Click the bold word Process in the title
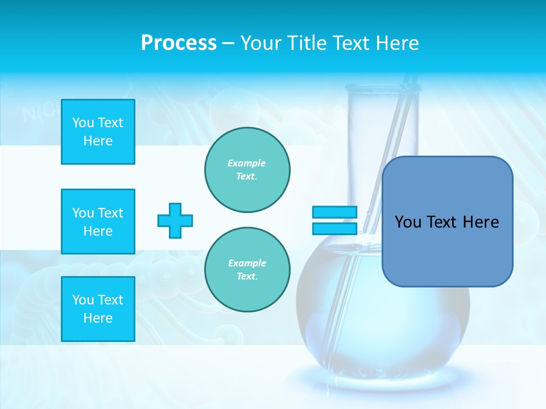[x=179, y=43]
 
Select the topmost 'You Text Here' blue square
[x=98, y=132]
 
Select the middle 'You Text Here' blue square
[x=98, y=222]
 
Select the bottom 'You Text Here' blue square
[x=98, y=309]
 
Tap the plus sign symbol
[x=175, y=220]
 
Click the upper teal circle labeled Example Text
[x=247, y=170]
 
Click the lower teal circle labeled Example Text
[x=247, y=270]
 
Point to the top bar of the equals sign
[x=334, y=212]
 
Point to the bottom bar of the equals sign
[x=334, y=228]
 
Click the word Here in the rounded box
[x=481, y=222]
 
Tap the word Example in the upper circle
[x=247, y=163]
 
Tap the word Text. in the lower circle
[x=247, y=277]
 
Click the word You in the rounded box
[x=408, y=222]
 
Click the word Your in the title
[x=259, y=43]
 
